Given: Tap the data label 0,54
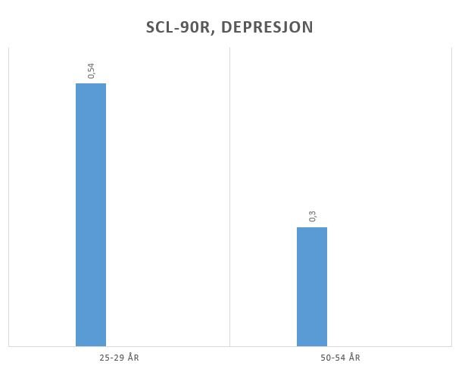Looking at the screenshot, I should pyautogui.click(x=92, y=70).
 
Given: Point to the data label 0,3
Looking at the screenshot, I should pyautogui.click(x=312, y=216).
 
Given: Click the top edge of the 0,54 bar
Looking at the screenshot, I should pyautogui.click(x=91, y=84).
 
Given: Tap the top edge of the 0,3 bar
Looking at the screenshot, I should pyautogui.click(x=311, y=228).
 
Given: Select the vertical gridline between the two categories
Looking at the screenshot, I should pyautogui.click(x=229, y=197).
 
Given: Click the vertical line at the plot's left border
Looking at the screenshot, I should pyautogui.click(x=9, y=197).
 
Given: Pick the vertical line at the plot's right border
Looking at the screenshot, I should pyautogui.click(x=451, y=197).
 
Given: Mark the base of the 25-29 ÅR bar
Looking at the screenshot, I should pyautogui.click(x=91, y=345).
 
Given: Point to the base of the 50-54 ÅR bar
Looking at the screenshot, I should pyautogui.click(x=311, y=345).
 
